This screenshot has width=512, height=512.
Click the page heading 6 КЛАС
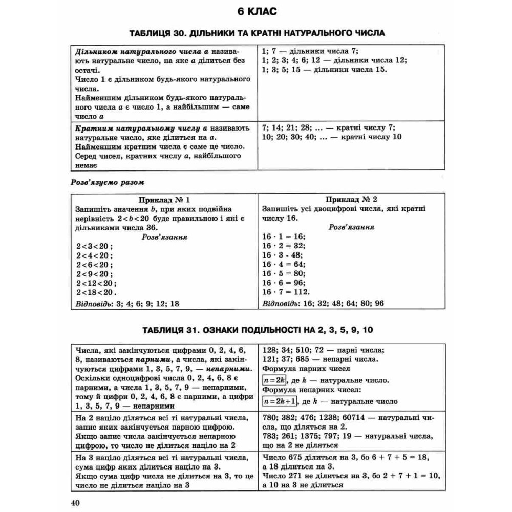(256, 12)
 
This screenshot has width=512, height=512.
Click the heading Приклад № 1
(164, 200)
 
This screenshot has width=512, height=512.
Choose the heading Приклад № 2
(352, 200)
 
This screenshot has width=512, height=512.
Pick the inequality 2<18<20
(96, 292)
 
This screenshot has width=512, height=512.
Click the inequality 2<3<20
(94, 246)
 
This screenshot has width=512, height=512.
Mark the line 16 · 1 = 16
(283, 236)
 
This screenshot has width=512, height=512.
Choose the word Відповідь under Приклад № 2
(279, 304)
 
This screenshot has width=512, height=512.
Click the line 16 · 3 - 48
(283, 255)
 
